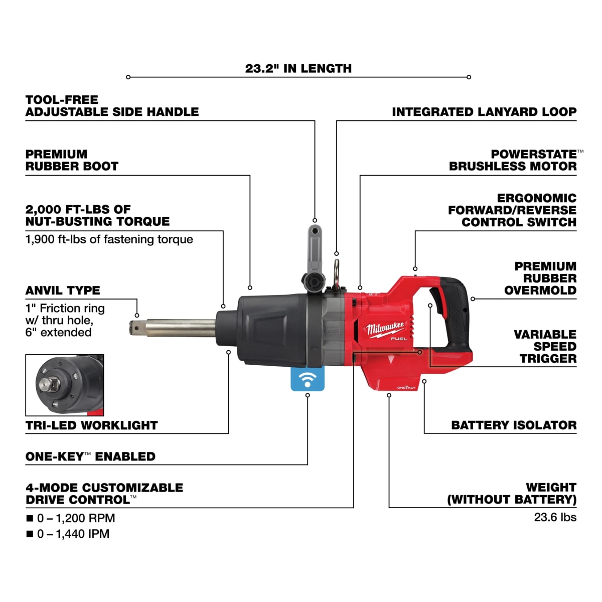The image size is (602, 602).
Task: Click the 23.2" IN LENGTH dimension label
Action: pyautogui.click(x=298, y=68)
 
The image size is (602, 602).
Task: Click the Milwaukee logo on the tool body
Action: pyautogui.click(x=385, y=329)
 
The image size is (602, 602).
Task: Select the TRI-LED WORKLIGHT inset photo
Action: pyautogui.click(x=65, y=385)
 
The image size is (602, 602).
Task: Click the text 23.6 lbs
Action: pyautogui.click(x=555, y=517)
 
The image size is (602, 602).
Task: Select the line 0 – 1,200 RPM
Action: pyautogui.click(x=76, y=518)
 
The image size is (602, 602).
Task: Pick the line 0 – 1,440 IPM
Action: pyautogui.click(x=73, y=534)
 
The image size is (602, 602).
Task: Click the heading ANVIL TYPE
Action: pyautogui.click(x=63, y=290)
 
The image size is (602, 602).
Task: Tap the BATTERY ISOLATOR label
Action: pyautogui.click(x=514, y=425)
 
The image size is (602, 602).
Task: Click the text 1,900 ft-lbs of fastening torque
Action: pyautogui.click(x=109, y=239)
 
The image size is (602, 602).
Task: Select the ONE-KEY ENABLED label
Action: pyautogui.click(x=90, y=457)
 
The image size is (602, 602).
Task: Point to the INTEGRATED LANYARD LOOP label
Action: pyautogui.click(x=484, y=112)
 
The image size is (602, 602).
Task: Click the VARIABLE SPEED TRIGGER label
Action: pyautogui.click(x=545, y=346)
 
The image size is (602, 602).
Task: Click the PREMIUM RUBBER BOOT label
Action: pyautogui.click(x=72, y=160)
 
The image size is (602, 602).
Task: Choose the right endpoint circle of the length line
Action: pyautogui.click(x=469, y=77)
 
